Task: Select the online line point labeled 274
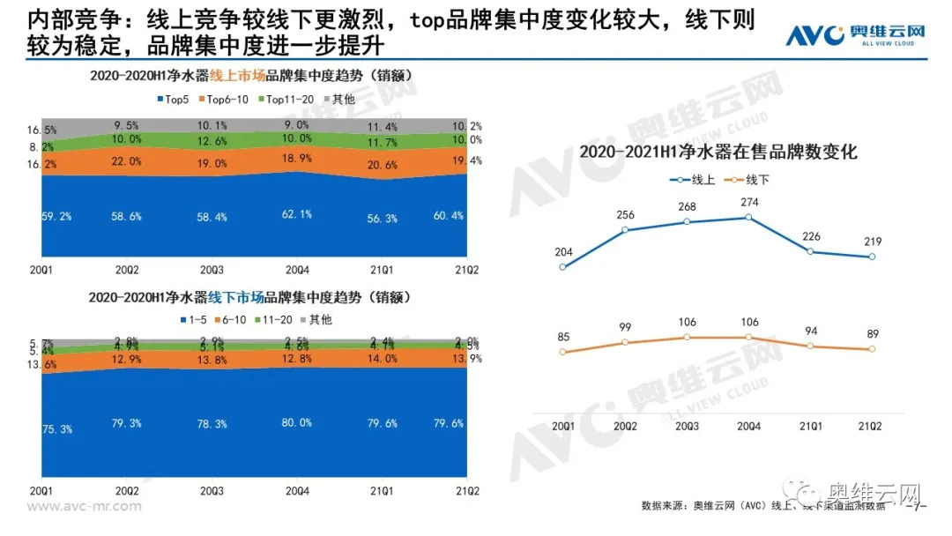(749, 217)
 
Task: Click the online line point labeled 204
(563, 266)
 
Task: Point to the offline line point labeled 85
(563, 352)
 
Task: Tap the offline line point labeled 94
(811, 346)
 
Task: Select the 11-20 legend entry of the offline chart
(275, 320)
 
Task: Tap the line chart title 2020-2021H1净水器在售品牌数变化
(718, 153)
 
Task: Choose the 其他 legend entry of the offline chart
(320, 320)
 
